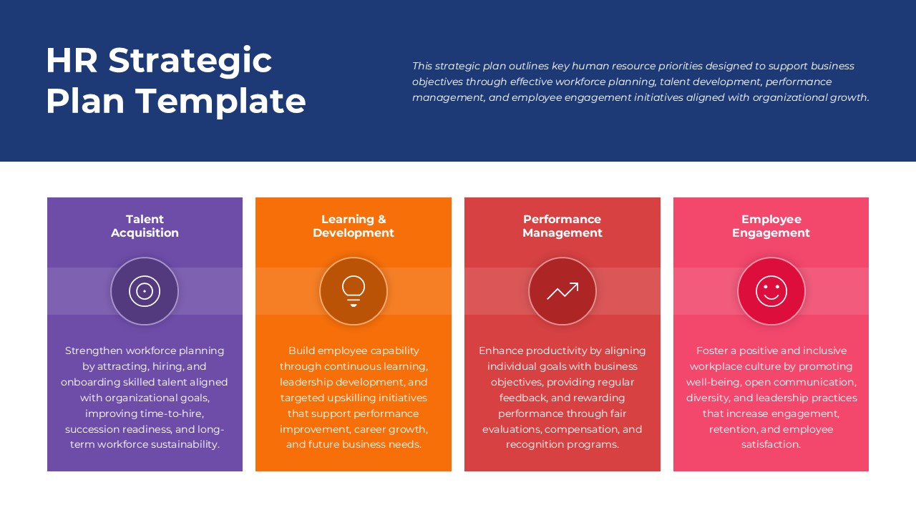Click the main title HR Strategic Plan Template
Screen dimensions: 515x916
175,80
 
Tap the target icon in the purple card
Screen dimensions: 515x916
145,291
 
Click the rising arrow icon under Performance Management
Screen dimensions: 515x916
562,291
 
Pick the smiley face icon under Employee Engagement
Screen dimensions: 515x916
771,291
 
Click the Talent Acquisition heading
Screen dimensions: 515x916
145,226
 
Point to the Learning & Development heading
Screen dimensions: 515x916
354,226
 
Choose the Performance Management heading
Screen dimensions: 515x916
562,226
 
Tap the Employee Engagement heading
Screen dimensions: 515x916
771,226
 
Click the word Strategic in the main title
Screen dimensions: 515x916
190,60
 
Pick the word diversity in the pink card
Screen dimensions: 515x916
708,398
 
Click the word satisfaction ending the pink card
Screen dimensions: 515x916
771,444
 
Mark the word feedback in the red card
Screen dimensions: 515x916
523,398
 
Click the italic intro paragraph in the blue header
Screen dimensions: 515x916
640,82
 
